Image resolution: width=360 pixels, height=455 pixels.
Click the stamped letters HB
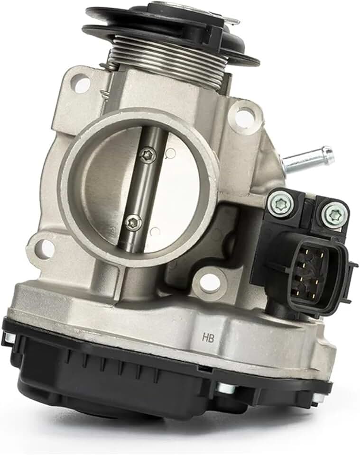point(208,338)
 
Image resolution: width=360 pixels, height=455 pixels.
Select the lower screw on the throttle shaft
point(133,222)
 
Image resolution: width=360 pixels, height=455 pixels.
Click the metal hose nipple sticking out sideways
point(308,159)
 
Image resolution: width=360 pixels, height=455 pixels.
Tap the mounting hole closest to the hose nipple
point(244,117)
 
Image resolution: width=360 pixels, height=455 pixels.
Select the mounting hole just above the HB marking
point(209,283)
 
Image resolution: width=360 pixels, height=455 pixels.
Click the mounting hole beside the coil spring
point(82,84)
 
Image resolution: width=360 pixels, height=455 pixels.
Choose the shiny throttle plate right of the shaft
point(180,190)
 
